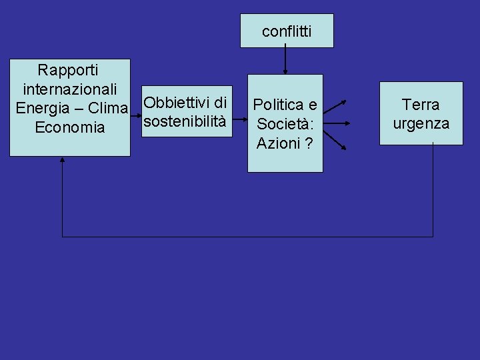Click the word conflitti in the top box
pos(287,31)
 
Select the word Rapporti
pos(68,69)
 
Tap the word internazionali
pos(71,88)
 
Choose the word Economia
pos(70,127)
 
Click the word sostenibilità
pos(185,122)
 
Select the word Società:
pos(285,123)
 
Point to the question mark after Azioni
pos(309,143)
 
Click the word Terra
pos(421,105)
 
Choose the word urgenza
pos(421,123)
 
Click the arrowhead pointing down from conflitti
pos(285,70)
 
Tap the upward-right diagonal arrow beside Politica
pos(336,107)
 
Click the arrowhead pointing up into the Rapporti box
pos(62,160)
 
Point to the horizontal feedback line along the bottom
pos(247,237)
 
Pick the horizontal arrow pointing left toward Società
pos(336,123)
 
